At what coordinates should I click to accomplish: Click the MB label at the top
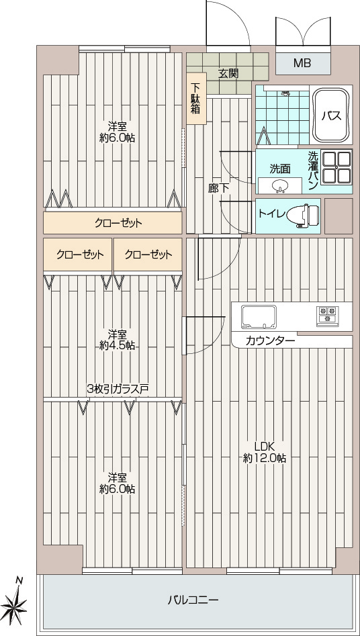click(302, 63)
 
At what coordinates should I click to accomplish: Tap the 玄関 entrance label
click(228, 73)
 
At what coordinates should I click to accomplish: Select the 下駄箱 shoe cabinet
click(196, 98)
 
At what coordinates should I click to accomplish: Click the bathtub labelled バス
click(331, 116)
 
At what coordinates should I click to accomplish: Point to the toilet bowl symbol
click(303, 215)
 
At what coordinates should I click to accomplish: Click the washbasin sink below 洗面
click(279, 186)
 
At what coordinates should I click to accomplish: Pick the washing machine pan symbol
click(336, 167)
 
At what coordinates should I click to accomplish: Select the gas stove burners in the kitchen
click(327, 316)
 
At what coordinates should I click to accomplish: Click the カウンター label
click(270, 341)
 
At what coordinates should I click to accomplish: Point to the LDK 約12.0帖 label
click(265, 452)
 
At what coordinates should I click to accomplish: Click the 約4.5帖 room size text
click(118, 346)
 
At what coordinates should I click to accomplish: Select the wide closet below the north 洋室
click(112, 223)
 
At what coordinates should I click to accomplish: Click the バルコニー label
click(193, 600)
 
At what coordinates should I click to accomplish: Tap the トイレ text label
click(271, 214)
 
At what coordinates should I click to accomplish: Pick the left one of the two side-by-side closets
click(77, 255)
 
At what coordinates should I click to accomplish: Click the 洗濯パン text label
click(312, 171)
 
